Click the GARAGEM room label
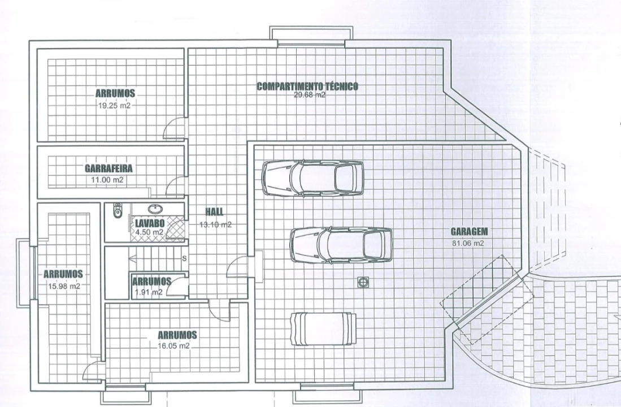469,232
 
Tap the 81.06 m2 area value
468,243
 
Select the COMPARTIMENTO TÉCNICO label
307,86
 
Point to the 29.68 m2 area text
309,95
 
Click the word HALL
214,211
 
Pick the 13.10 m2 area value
215,225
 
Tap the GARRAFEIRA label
108,168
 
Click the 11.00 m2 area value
107,180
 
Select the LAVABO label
150,223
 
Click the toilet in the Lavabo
117,210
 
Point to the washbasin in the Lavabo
155,209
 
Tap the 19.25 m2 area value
115,106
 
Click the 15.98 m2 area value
64,286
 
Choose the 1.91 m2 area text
149,292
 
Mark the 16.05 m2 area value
174,346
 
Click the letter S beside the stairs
184,259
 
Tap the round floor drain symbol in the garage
362,282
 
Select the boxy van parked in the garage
323,329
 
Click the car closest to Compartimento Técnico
313,178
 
